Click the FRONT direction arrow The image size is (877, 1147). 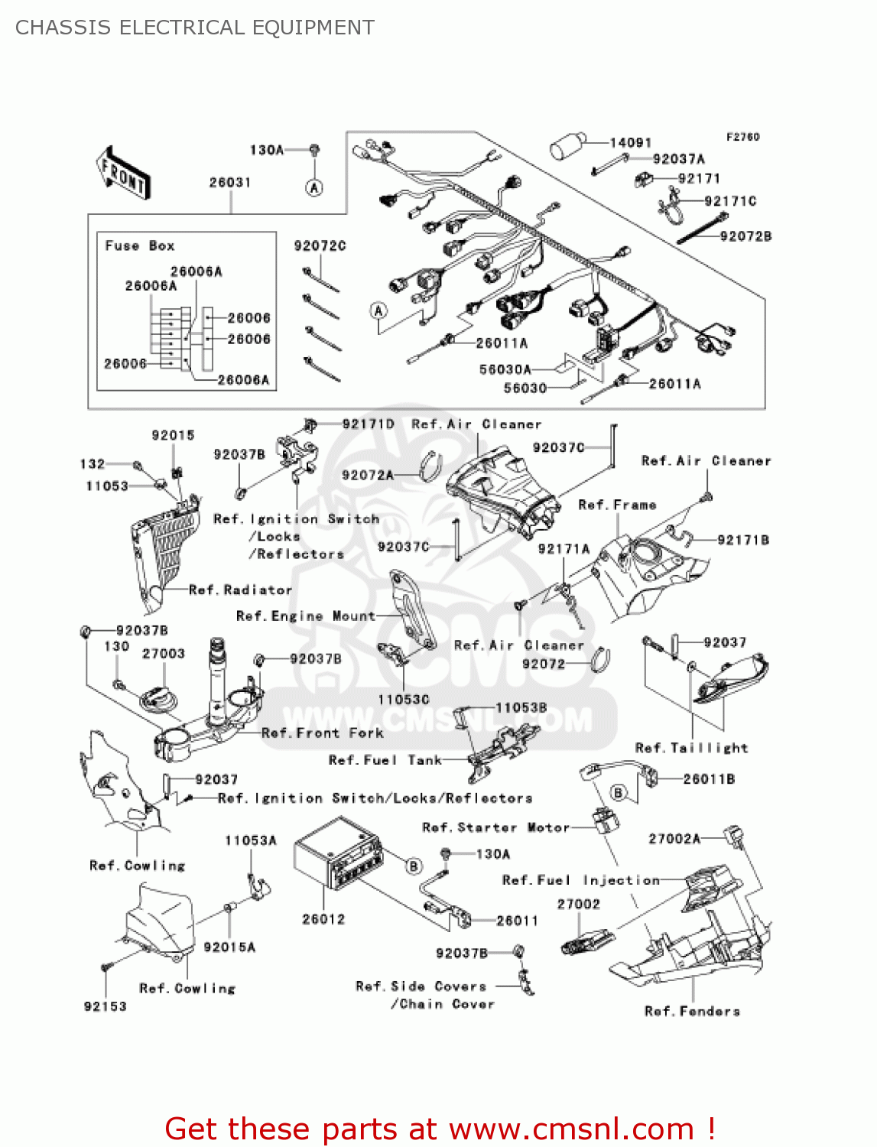click(x=122, y=174)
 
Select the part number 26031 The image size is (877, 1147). click(x=230, y=183)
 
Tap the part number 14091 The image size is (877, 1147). click(x=631, y=143)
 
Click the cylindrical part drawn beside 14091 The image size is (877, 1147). click(x=568, y=146)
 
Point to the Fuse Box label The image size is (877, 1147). click(x=140, y=245)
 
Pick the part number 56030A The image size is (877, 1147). click(x=505, y=369)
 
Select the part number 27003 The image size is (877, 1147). click(x=164, y=654)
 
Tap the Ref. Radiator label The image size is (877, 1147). click(x=240, y=590)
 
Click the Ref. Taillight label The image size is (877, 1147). click(x=691, y=748)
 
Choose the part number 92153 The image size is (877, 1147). click(x=106, y=1006)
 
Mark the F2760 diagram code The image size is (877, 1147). click(x=742, y=137)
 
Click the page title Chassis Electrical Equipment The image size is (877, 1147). click(x=195, y=28)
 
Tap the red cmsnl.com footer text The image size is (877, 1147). click(x=440, y=1129)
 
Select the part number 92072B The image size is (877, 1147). click(x=745, y=236)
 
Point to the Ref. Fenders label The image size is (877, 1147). click(x=692, y=1012)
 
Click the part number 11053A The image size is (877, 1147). click(x=251, y=840)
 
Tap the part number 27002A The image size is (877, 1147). click(x=674, y=839)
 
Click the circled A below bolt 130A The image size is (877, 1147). click(x=314, y=187)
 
